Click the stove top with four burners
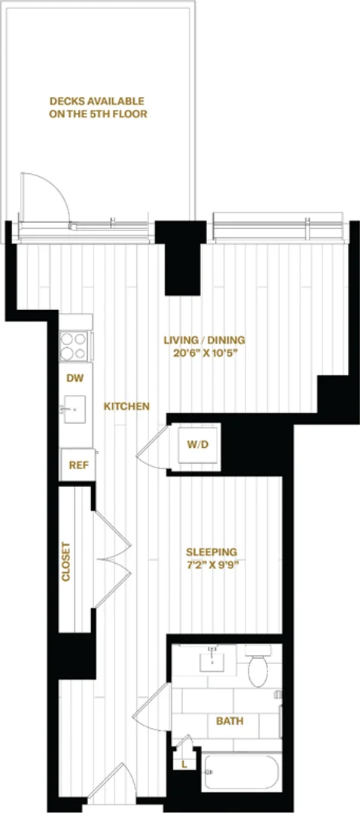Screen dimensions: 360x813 [x=74, y=346]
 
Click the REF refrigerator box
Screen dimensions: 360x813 [x=78, y=464]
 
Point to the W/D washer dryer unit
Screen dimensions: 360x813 [x=199, y=444]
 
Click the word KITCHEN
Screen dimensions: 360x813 [x=127, y=406]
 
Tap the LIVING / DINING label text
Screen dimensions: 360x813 [x=204, y=341]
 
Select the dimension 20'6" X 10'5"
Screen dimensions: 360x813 [x=204, y=354]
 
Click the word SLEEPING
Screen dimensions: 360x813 [x=211, y=552]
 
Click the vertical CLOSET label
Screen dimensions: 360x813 [x=66, y=562]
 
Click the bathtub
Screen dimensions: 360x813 [x=241, y=772]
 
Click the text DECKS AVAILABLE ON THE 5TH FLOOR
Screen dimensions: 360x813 [x=98, y=108]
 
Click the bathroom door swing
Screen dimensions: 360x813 [x=151, y=706]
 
